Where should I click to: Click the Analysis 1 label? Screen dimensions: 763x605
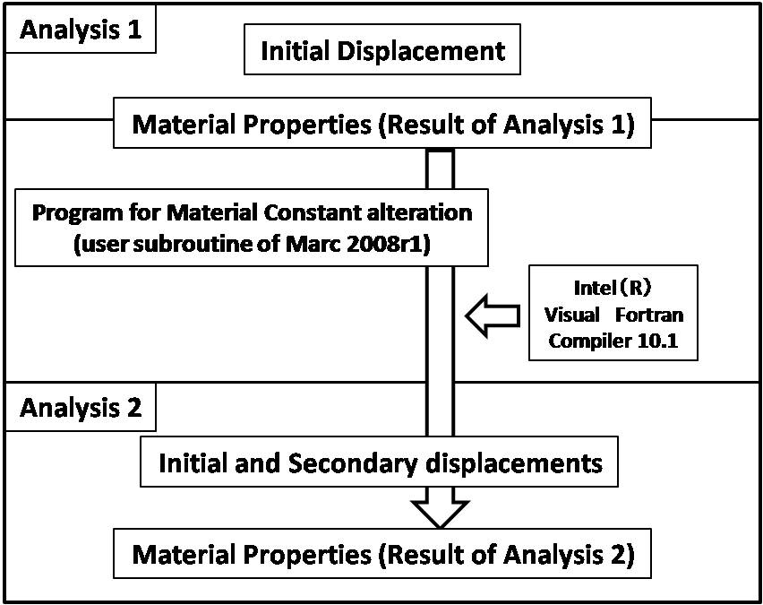pyautogui.click(x=81, y=30)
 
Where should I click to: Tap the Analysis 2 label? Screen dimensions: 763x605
pyautogui.click(x=81, y=407)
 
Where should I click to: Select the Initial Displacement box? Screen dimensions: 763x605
pyautogui.click(x=382, y=49)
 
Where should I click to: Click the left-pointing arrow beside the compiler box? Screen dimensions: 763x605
pyautogui.click(x=493, y=315)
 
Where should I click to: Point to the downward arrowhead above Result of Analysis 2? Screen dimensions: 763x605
pyautogui.click(x=440, y=514)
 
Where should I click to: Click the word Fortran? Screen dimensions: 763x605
pyautogui.click(x=649, y=315)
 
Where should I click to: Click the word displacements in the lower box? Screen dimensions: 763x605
pyautogui.click(x=514, y=462)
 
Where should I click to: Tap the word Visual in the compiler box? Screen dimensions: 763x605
pyautogui.click(x=571, y=315)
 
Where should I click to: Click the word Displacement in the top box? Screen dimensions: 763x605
pyautogui.click(x=422, y=51)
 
